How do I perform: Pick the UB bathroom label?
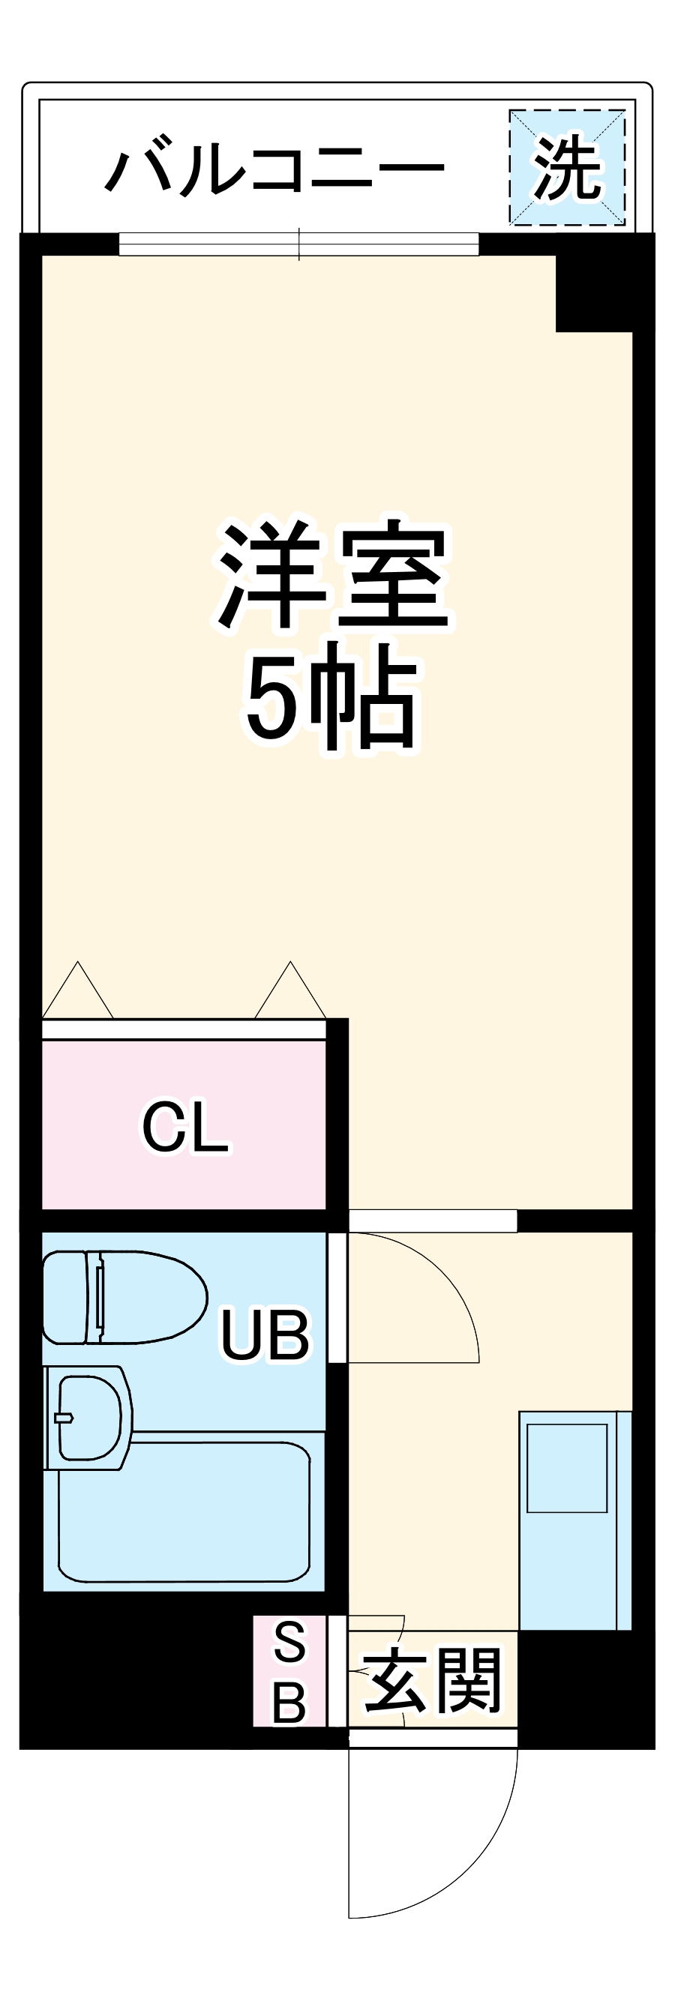(265, 1335)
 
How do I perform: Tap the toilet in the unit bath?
(123, 1298)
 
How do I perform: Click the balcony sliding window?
(298, 244)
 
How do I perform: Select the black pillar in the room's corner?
(593, 292)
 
